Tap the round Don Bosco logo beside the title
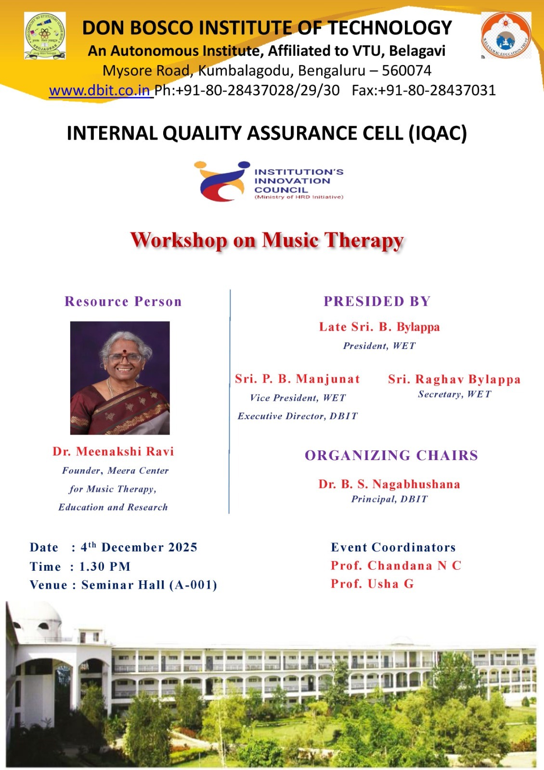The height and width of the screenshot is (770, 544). (x=45, y=36)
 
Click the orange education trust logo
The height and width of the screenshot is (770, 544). (x=506, y=36)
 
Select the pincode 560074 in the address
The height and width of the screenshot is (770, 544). (x=406, y=70)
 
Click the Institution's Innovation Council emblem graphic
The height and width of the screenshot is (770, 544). (x=222, y=181)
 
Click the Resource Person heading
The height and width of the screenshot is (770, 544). (x=123, y=301)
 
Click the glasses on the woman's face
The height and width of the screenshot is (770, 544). (x=125, y=358)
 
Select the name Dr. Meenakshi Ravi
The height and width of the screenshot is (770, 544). (x=113, y=451)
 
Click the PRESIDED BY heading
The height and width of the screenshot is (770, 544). (x=377, y=301)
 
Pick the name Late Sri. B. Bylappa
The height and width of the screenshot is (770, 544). (x=379, y=327)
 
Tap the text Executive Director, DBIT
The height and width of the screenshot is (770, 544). (x=298, y=416)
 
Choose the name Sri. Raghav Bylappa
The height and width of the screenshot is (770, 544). (x=454, y=379)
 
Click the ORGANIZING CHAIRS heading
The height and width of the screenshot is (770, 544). (x=391, y=455)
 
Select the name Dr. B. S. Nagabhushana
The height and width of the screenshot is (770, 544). (x=389, y=484)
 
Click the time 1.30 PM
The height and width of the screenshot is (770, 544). (x=105, y=566)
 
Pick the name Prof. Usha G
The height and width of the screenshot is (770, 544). (x=372, y=584)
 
